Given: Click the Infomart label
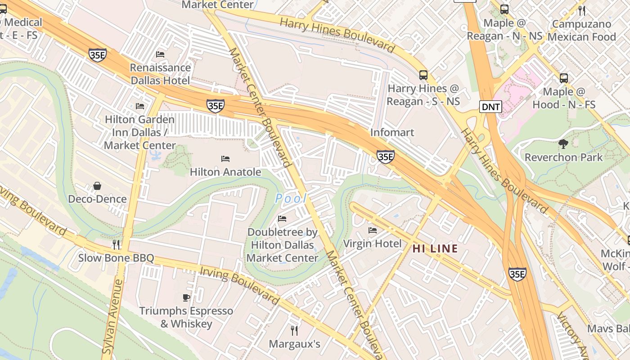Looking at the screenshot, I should [392, 133].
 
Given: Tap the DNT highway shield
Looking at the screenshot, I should [490, 107].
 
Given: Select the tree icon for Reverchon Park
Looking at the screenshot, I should [563, 144].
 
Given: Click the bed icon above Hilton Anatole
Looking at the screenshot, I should [225, 159].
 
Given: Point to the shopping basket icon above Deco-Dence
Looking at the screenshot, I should [97, 186].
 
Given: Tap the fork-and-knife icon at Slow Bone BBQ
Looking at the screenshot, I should [116, 244].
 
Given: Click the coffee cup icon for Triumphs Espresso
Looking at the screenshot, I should [186, 297].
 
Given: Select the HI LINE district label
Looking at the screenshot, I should [435, 248].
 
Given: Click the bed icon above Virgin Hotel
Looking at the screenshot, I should [373, 230].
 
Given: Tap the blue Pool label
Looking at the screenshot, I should [291, 198].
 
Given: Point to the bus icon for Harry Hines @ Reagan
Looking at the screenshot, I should [423, 75].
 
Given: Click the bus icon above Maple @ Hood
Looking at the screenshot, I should [564, 78].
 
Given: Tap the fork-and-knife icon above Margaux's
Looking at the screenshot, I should [294, 331].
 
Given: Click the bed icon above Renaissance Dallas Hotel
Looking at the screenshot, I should [160, 54].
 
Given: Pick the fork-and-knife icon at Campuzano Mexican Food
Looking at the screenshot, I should [582, 10].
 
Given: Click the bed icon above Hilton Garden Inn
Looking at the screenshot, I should [140, 106].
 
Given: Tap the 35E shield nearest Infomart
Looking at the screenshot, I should [386, 157].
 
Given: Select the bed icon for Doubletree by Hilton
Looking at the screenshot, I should [282, 219].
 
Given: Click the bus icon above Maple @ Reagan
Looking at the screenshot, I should [504, 9].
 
